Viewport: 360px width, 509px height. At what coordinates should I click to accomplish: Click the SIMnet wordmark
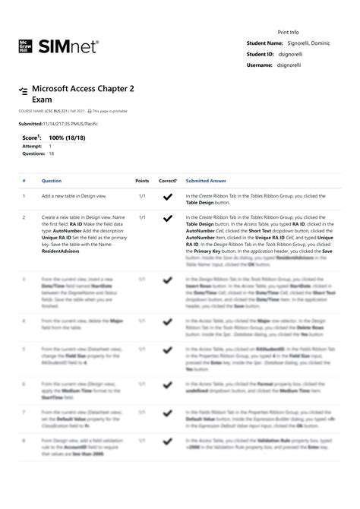(68, 46)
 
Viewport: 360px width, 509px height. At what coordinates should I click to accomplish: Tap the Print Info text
(288, 33)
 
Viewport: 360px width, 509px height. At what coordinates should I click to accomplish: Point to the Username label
(260, 65)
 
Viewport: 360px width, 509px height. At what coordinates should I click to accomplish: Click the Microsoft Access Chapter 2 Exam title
(82, 94)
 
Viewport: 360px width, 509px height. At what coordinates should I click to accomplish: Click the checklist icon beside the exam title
(24, 91)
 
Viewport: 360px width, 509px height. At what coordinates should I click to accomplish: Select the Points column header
(142, 181)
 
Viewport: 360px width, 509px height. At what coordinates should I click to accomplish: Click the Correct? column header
(168, 181)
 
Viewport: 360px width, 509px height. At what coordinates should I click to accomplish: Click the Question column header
(52, 181)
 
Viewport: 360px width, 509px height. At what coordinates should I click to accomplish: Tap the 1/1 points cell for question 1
(142, 196)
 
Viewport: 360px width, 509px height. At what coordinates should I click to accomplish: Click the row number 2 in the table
(24, 217)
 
